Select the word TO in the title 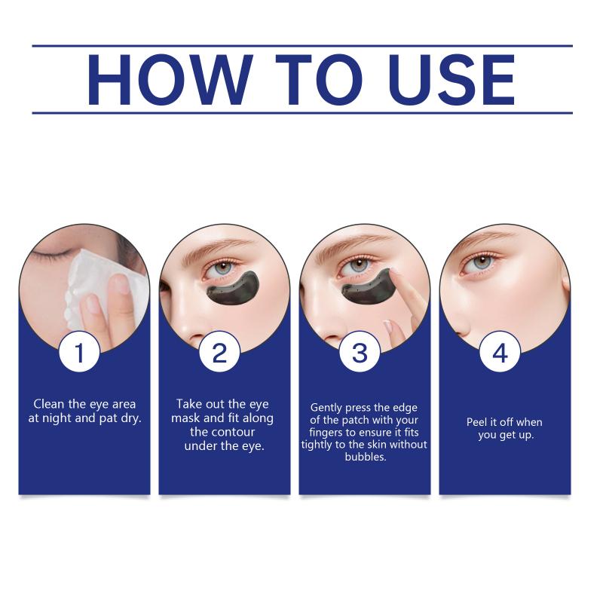coord(320,80)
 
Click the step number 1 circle coord(80,353)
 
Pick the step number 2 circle coord(219,353)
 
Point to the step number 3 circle coord(360,353)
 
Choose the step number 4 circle coord(500,353)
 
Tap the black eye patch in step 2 coord(232,289)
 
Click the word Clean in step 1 coord(48,404)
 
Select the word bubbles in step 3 coord(366,457)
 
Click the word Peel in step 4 coord(477,422)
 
